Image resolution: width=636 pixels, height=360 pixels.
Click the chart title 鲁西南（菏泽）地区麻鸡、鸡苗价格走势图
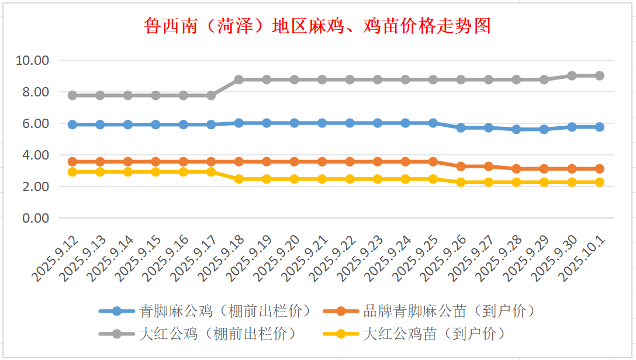click(317, 26)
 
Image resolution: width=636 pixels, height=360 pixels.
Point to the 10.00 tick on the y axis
click(34, 60)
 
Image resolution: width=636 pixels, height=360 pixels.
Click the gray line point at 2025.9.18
click(239, 79)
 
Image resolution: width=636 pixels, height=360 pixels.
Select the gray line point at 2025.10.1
click(599, 75)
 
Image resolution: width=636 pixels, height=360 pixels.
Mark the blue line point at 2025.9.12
click(72, 124)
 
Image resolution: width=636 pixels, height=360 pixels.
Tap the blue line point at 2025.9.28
click(516, 129)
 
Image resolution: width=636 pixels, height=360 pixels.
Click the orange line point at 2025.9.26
click(461, 167)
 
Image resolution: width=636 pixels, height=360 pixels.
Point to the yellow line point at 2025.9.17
click(211, 172)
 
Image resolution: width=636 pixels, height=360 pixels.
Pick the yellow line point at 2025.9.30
click(572, 182)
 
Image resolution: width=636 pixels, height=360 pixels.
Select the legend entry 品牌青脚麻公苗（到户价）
click(448, 311)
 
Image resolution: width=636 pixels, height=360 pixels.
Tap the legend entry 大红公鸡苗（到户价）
click(434, 334)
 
